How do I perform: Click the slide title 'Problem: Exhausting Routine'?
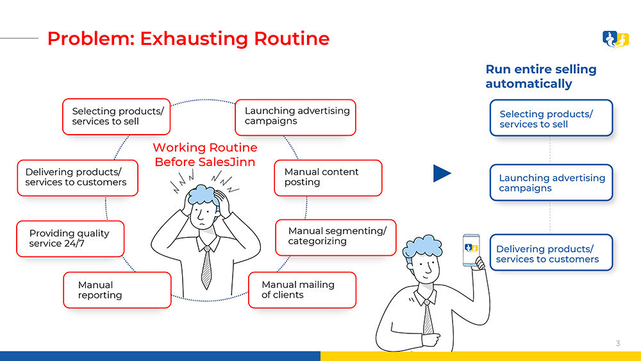(x=188, y=38)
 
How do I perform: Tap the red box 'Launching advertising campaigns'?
(x=296, y=117)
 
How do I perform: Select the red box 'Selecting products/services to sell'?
(x=117, y=117)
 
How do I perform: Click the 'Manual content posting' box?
(x=328, y=178)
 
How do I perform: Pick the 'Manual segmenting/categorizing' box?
(x=335, y=237)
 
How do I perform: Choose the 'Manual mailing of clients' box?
(x=301, y=290)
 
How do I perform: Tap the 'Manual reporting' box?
(x=117, y=290)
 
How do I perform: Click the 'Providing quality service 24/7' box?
(x=70, y=239)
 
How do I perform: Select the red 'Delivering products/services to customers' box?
(x=77, y=178)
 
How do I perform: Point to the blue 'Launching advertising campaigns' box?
(x=551, y=183)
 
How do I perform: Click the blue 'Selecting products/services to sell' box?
(x=551, y=118)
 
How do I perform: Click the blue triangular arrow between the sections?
(x=442, y=173)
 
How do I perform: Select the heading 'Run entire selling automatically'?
(x=541, y=76)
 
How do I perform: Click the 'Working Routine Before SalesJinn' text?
(x=204, y=155)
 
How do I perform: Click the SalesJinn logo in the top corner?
(x=615, y=40)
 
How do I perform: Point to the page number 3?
(x=618, y=344)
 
